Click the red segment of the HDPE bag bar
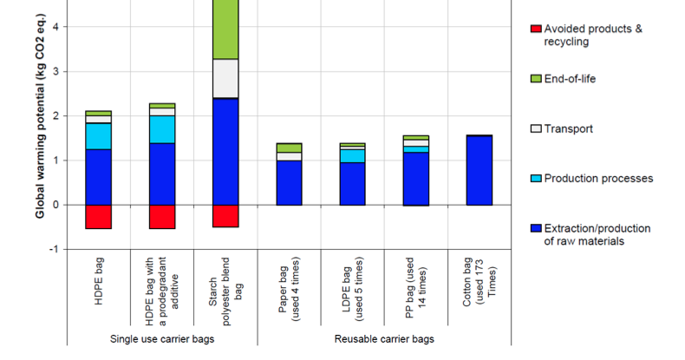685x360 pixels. [98, 217]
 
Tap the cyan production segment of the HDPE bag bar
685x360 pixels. [98, 136]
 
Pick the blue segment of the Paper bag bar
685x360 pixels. [289, 182]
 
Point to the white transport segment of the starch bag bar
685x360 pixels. [225, 78]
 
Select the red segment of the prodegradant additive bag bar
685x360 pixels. [161, 217]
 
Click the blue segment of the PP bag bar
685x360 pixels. [415, 179]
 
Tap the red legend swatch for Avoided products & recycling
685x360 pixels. [534, 29]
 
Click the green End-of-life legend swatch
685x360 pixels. [534, 79]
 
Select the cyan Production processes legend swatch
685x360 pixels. [534, 179]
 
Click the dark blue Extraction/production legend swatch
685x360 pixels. [534, 229]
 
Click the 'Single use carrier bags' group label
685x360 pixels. [162, 338]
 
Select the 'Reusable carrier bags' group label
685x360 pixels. [384, 338]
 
